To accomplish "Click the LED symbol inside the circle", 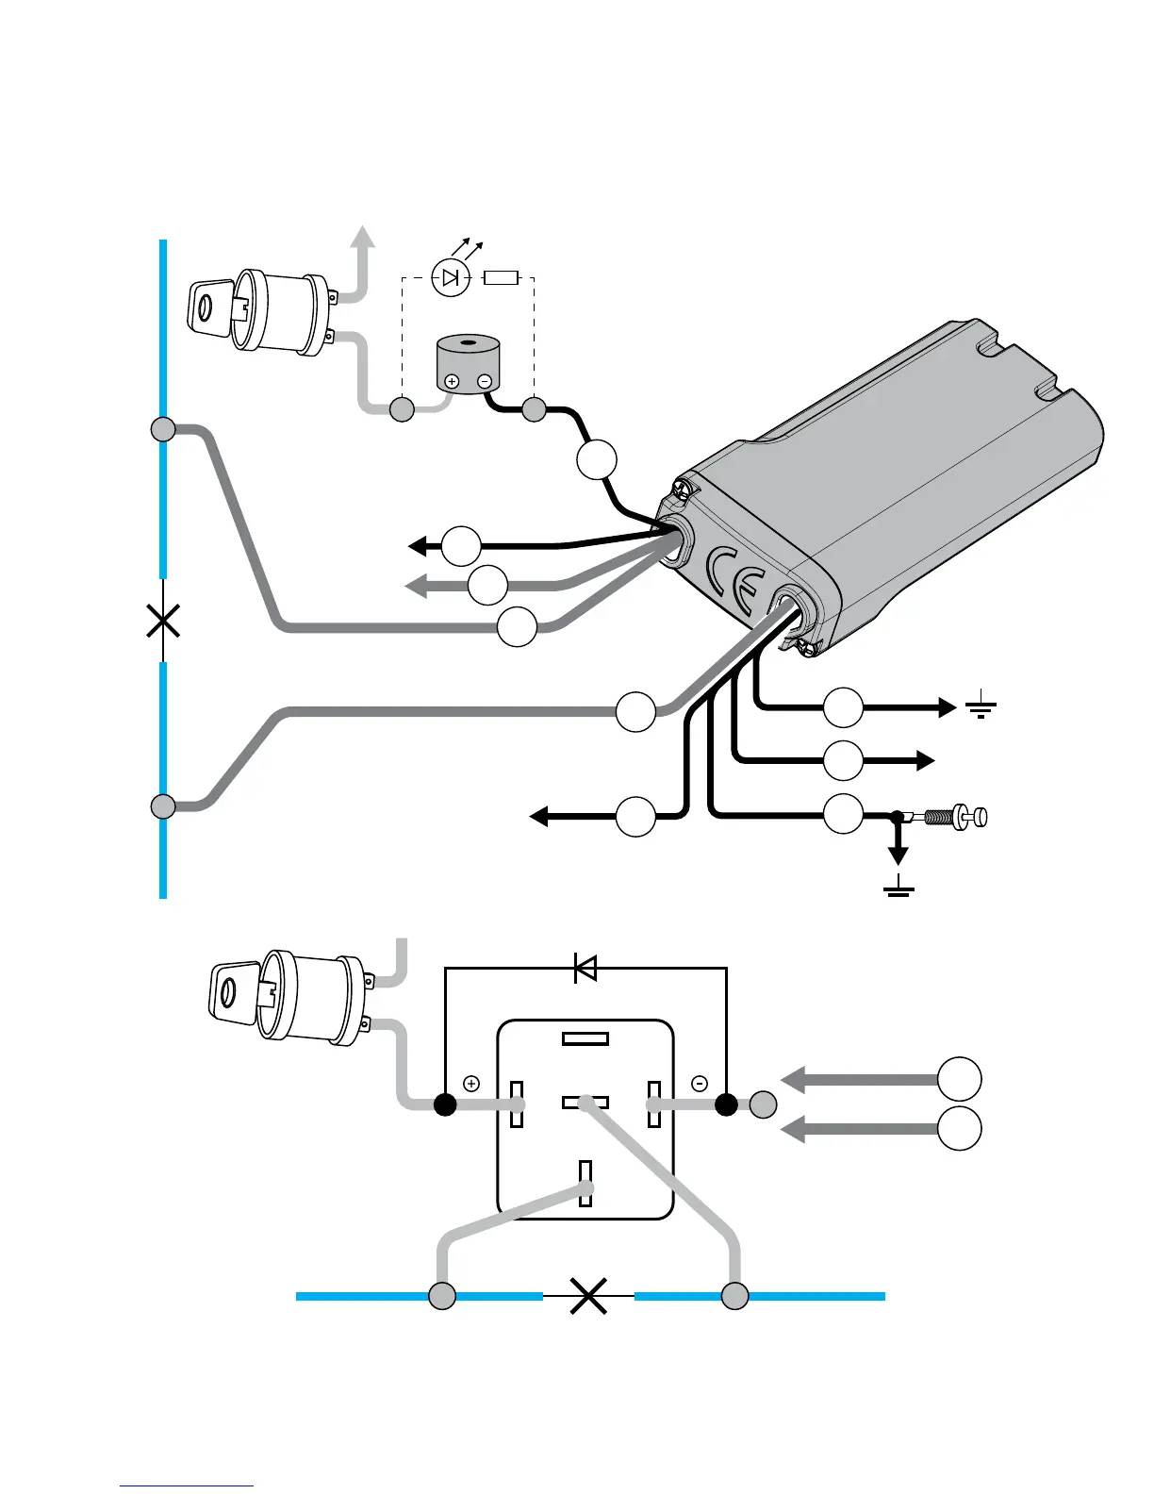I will tap(451, 277).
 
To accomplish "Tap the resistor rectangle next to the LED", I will tap(501, 277).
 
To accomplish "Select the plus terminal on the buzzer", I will tap(452, 382).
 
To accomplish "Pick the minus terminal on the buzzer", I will tap(485, 382).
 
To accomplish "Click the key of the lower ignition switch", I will tap(232, 990).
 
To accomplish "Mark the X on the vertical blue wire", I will tap(164, 621).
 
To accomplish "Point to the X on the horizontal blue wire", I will tap(588, 1296).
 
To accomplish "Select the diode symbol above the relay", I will tap(585, 968).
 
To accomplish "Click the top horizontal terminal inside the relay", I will tap(585, 1039).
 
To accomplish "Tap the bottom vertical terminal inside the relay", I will tap(585, 1183).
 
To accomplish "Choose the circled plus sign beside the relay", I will tap(471, 1084).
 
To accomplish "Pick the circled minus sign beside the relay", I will tap(700, 1084).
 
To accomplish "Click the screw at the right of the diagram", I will tap(957, 817).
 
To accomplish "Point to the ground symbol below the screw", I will tap(898, 887).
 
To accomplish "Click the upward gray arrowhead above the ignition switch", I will tap(362, 238).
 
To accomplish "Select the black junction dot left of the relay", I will tap(445, 1104).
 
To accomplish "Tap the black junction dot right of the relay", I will tap(726, 1104).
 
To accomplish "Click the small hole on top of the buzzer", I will tap(468, 341).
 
